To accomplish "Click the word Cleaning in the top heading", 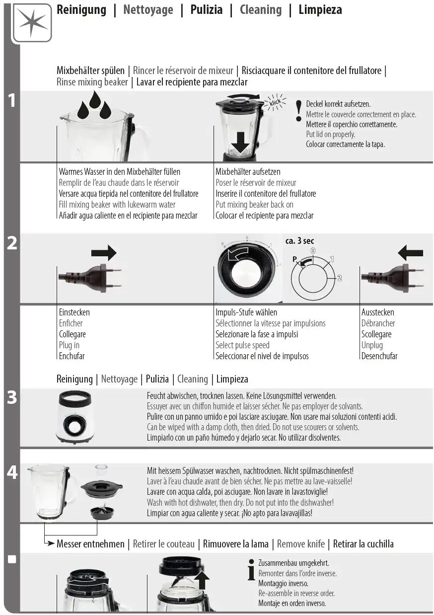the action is coord(261,10).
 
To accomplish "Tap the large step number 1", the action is coord(12,100).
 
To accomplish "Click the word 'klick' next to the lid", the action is coord(275,102).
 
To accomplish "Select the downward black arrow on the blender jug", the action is coord(240,142).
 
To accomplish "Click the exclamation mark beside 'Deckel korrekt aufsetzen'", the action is coord(298,111).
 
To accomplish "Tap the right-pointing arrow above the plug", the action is coord(104,252).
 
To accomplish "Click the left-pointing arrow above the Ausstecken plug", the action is coord(410,252).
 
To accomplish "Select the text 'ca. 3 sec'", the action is coord(299,241).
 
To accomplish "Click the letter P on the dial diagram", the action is coord(294,259).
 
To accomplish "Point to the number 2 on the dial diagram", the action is coord(340,278).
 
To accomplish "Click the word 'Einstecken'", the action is coord(74,312).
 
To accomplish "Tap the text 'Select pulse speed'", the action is coord(242,345).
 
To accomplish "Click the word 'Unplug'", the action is coord(372,345).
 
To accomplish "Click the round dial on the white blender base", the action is coord(73,426).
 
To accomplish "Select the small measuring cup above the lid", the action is coord(101,470).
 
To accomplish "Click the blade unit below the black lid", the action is coord(102,512).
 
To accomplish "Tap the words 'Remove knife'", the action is coord(300,544).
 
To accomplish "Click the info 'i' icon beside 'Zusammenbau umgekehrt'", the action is coord(251,570).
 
